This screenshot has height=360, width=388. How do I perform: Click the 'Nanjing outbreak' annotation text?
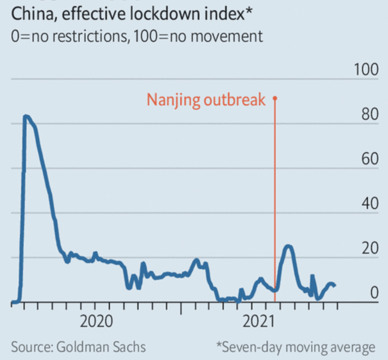click(x=206, y=100)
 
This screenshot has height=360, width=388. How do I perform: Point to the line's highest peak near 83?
click(x=26, y=117)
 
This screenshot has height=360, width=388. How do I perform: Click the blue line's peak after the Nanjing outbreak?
click(x=288, y=246)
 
